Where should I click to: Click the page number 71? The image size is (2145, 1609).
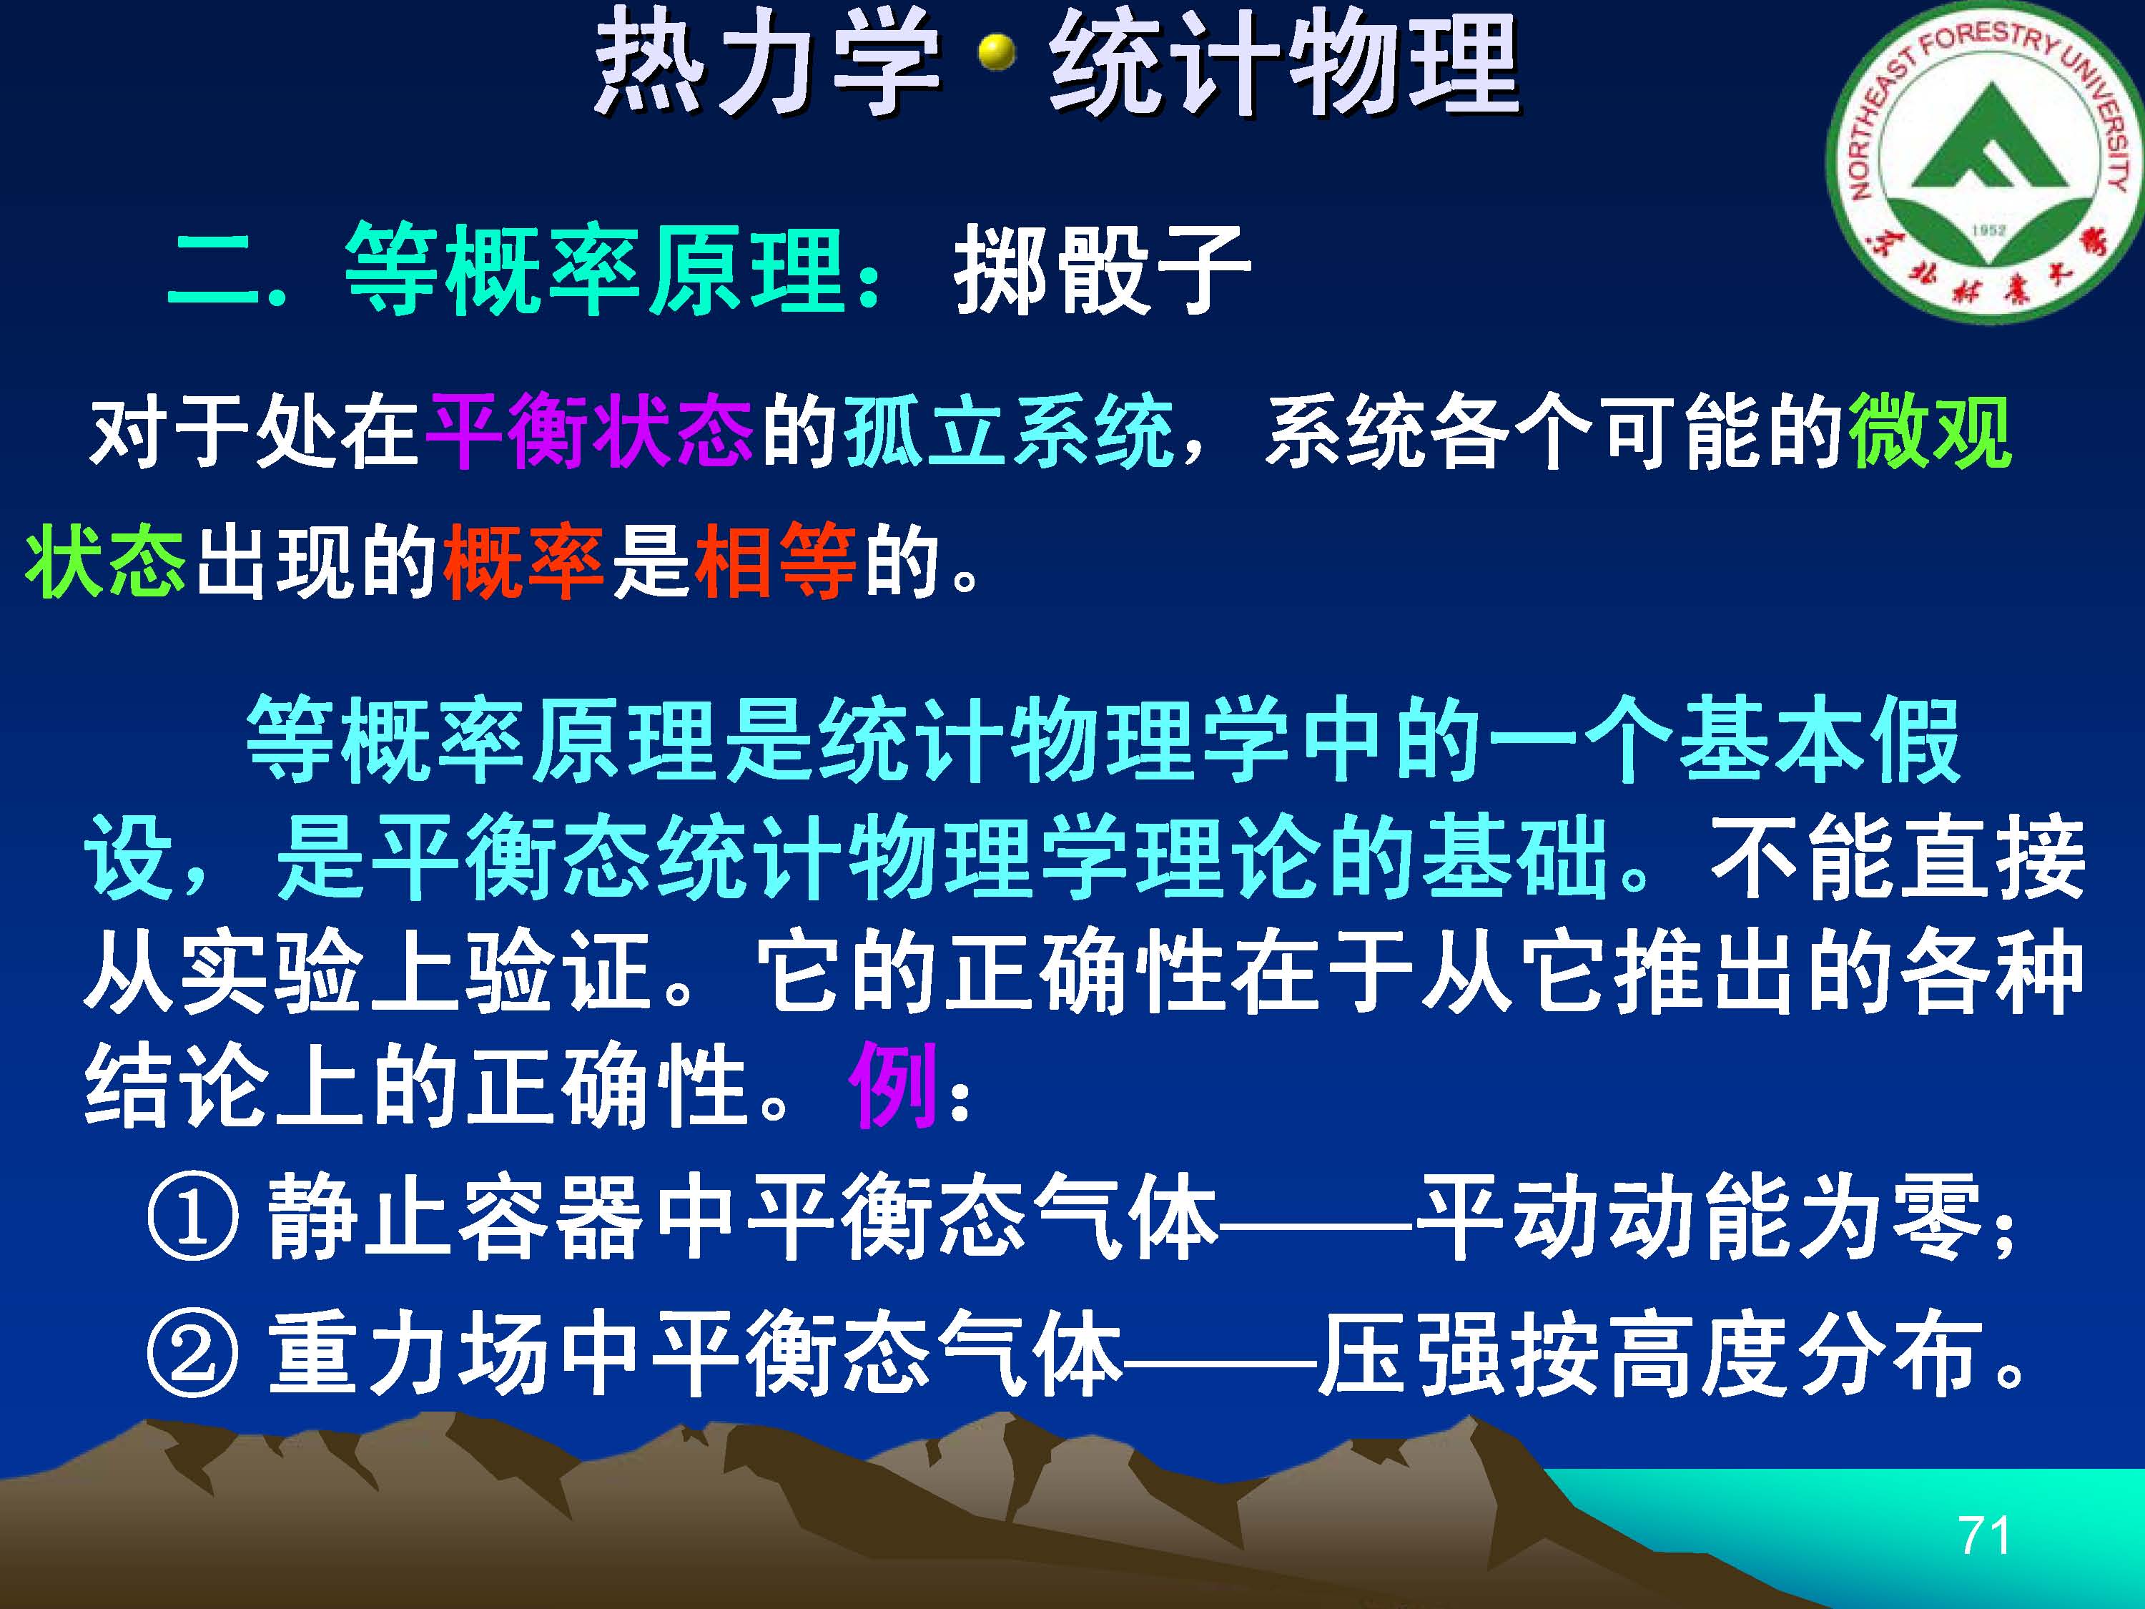click(x=1984, y=1535)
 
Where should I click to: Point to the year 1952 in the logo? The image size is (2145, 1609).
click(x=1988, y=230)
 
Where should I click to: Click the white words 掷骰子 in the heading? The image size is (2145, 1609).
click(x=1103, y=270)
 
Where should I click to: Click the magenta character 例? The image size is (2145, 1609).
click(x=893, y=1086)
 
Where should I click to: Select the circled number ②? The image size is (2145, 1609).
click(x=192, y=1354)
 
